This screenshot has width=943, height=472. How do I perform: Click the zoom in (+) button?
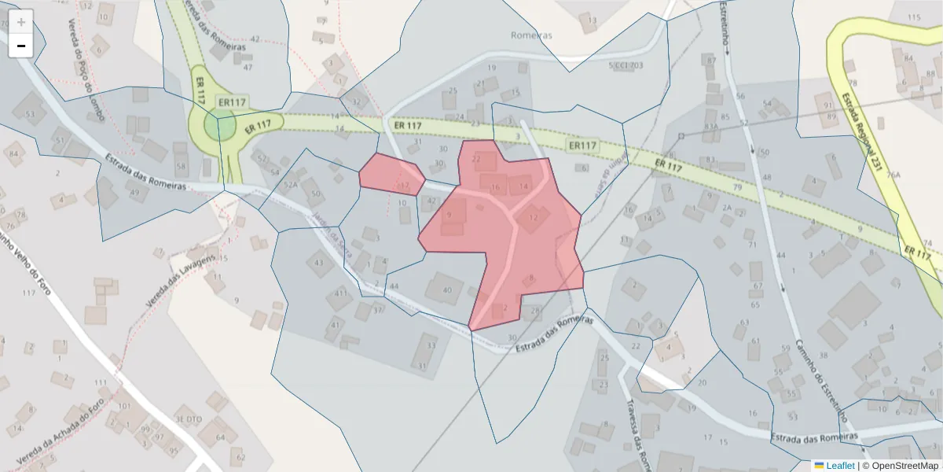[21, 22]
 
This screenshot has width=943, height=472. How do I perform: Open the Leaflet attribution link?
[838, 466]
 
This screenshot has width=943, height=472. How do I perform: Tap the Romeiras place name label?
[532, 35]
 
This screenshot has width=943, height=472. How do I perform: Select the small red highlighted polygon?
[391, 175]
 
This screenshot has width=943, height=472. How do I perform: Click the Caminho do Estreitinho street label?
[818, 370]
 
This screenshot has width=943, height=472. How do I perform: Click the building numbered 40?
[448, 290]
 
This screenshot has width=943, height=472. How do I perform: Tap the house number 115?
[913, 17]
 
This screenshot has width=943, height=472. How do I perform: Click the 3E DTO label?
[189, 419]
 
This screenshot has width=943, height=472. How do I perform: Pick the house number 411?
[340, 293]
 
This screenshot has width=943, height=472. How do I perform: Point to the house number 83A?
[710, 126]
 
